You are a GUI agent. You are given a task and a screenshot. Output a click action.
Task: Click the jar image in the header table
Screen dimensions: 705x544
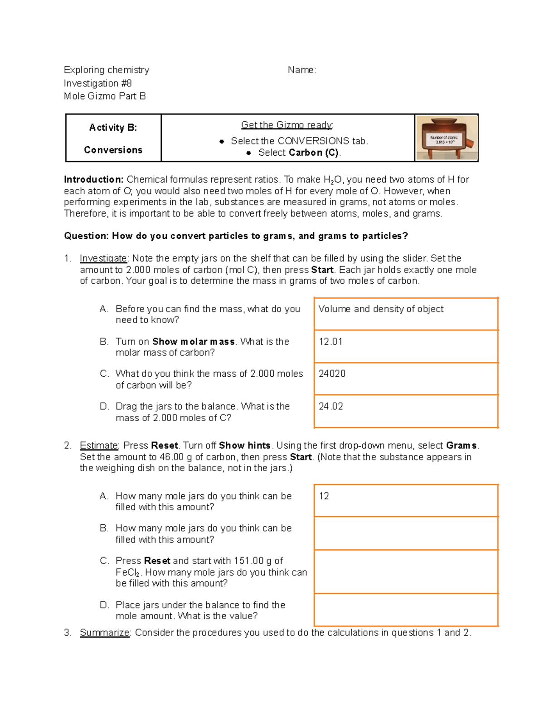(x=447, y=138)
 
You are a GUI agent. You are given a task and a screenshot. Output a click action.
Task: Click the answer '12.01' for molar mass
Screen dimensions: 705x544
(x=330, y=342)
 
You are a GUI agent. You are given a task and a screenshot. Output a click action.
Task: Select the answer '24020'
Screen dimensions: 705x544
(x=332, y=374)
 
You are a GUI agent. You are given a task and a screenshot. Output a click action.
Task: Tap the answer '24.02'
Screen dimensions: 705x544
(x=330, y=407)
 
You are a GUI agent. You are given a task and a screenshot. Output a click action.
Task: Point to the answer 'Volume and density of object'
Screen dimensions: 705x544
(x=381, y=309)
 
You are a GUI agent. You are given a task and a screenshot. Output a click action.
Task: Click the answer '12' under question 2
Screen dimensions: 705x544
(x=324, y=496)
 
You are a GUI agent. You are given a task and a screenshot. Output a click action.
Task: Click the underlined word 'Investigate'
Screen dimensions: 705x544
(x=103, y=259)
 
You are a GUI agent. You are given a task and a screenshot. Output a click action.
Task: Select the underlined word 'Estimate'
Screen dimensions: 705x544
(x=99, y=446)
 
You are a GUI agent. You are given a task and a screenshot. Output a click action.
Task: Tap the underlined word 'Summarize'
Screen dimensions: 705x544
(x=105, y=633)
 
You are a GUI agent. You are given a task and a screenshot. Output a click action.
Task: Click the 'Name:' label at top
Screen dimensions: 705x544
(x=302, y=70)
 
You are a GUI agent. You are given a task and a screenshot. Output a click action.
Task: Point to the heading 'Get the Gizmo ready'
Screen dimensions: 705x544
(x=287, y=125)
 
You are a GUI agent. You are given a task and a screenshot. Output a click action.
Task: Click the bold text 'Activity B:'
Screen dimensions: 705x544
(x=113, y=128)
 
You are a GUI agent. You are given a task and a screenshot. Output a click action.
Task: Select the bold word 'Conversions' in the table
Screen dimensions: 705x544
(x=113, y=150)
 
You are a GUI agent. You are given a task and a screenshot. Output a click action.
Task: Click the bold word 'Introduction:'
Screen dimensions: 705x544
(x=93, y=180)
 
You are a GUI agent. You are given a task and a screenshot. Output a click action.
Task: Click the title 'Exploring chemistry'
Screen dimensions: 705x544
(x=107, y=70)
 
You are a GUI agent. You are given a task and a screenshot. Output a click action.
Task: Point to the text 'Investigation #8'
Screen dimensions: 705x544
(x=98, y=84)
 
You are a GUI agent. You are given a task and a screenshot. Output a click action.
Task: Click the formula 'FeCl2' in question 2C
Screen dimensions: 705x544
(x=127, y=573)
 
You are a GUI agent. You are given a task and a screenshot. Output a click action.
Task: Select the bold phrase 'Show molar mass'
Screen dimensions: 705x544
(x=193, y=342)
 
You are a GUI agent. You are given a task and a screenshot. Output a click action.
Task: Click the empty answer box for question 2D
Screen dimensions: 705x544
(x=406, y=610)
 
